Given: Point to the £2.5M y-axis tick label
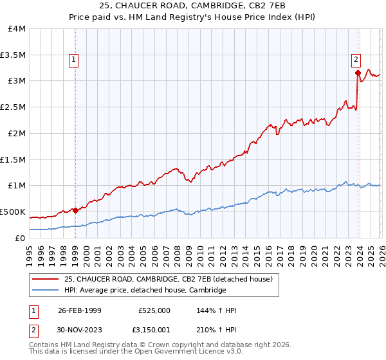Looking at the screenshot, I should coord(14,107).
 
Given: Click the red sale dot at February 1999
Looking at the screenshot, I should coord(75,210).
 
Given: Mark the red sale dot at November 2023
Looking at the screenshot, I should coord(357,73).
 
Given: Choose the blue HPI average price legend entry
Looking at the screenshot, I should coord(145,290).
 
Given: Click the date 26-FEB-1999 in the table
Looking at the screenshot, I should coord(80,310).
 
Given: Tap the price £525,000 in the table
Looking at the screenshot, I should coord(154,310).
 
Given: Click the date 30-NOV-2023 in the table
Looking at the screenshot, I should coord(80,332).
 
